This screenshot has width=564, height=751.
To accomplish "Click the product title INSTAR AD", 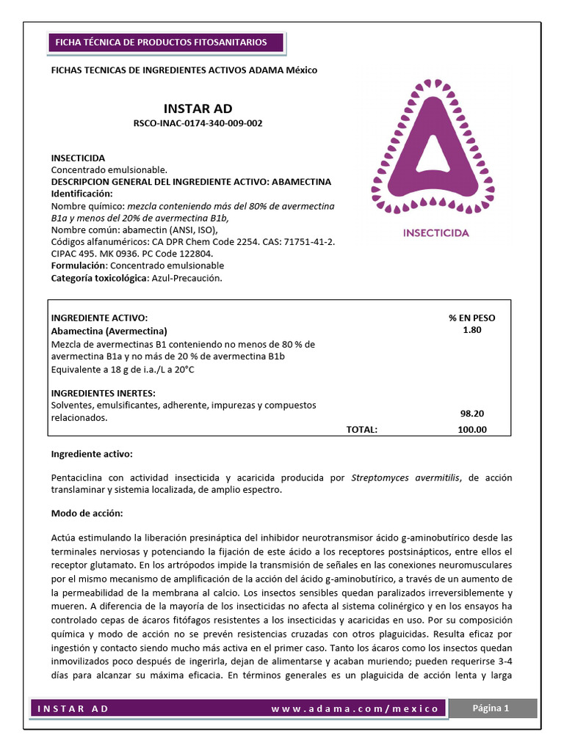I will [x=198, y=109].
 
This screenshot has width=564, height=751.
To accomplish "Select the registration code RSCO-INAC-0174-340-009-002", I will [x=198, y=123].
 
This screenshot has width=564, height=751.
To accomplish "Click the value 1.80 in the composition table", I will [x=471, y=330].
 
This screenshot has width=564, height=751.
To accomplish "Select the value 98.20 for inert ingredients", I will [x=471, y=414].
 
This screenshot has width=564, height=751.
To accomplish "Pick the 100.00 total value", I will [x=471, y=430].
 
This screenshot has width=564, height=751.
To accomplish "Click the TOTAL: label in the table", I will [x=361, y=430].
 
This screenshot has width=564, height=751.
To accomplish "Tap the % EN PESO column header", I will [x=471, y=318].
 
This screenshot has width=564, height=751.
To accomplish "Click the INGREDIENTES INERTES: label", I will [x=98, y=393].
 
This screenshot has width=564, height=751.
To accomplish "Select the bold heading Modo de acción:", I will [x=87, y=512].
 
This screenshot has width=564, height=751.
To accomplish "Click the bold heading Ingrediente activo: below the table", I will [x=92, y=455].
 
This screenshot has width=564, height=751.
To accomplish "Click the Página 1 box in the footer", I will [x=491, y=708].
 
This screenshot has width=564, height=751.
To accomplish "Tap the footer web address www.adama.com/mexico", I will [x=355, y=708].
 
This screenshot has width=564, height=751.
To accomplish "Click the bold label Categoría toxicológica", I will [x=98, y=278].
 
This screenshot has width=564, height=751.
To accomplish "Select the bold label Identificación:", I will [x=82, y=194].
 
